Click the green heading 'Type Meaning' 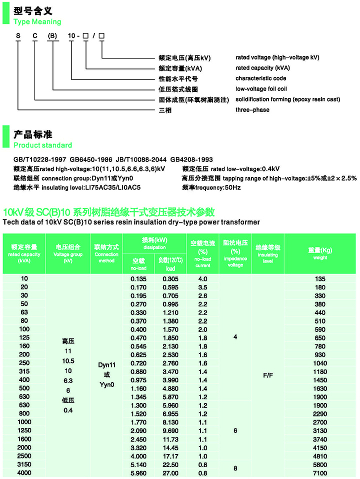[x=37, y=22]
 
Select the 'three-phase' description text [x=252, y=110]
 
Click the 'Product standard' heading [x=42, y=145]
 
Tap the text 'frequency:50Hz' [x=211, y=187]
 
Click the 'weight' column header [x=320, y=253]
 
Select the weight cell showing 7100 [x=318, y=472]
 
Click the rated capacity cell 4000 [x=24, y=472]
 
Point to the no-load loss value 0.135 [x=138, y=278]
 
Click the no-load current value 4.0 [x=202, y=278]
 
